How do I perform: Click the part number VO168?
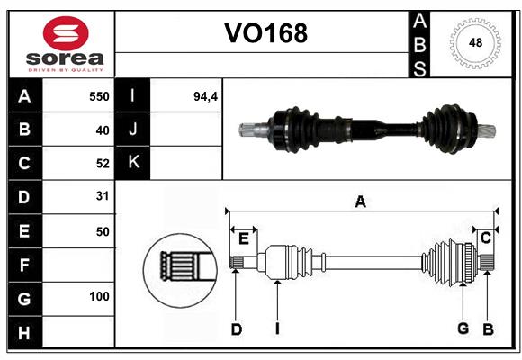(x=265, y=33)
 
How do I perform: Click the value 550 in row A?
(x=99, y=96)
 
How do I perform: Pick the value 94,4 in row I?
(x=206, y=96)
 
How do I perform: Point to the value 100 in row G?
(x=99, y=296)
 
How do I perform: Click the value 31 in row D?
(x=102, y=195)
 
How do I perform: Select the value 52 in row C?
(x=102, y=163)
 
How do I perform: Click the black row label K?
(x=132, y=163)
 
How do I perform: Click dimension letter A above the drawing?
(x=360, y=202)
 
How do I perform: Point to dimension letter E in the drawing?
(x=243, y=238)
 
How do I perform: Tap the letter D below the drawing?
(x=236, y=329)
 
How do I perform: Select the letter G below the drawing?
(x=463, y=328)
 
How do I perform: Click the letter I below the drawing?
(x=277, y=329)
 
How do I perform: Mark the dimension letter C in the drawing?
(x=485, y=238)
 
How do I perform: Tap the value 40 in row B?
(x=102, y=130)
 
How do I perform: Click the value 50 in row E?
(x=102, y=230)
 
